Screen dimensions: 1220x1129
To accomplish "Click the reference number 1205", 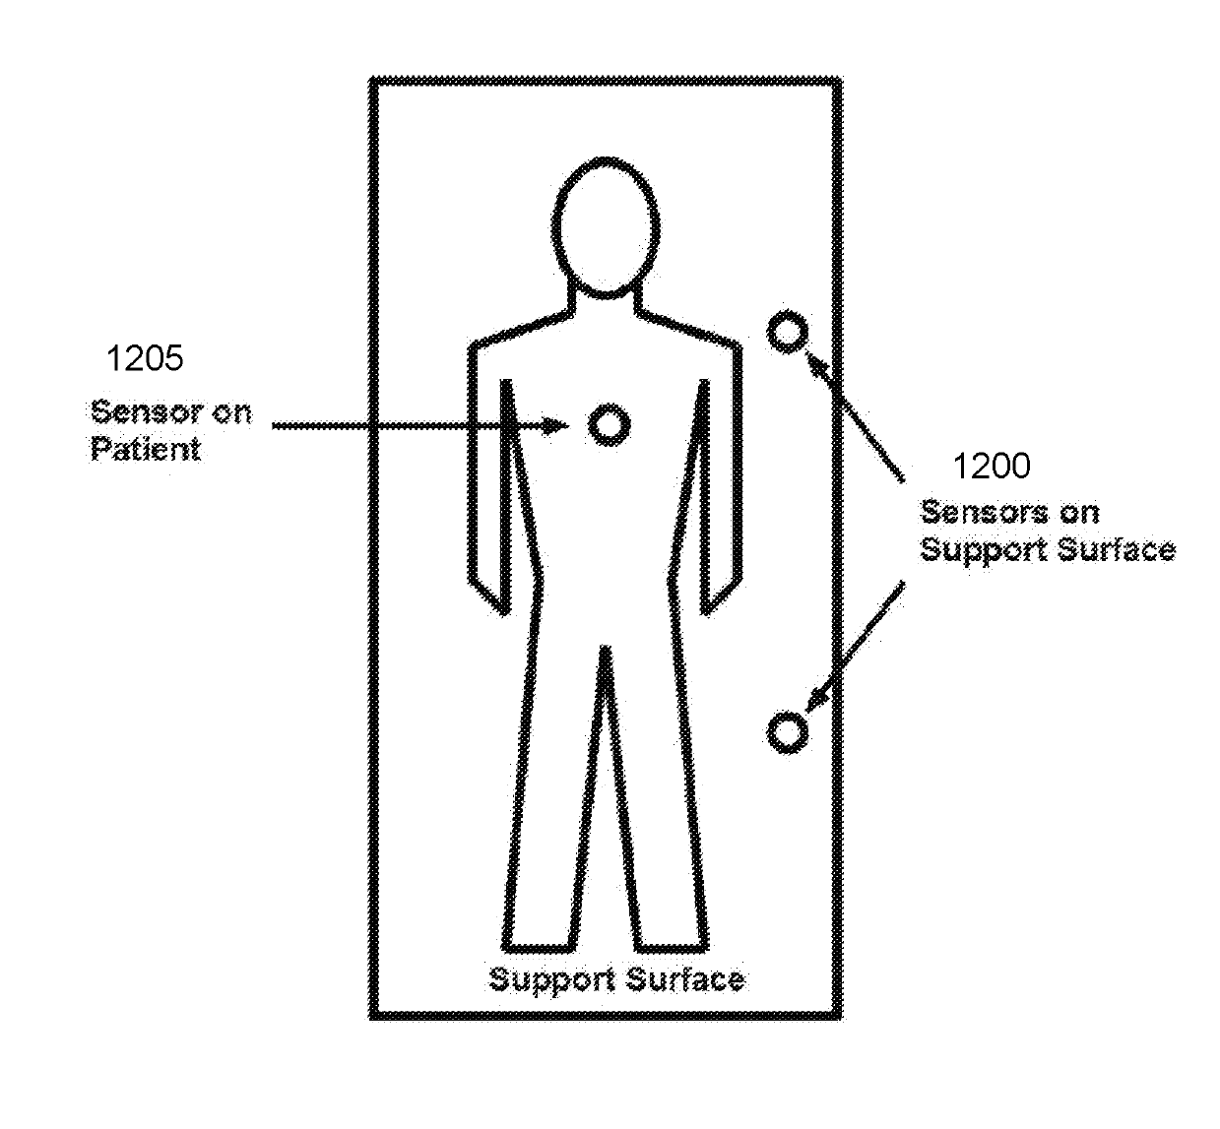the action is pyautogui.click(x=144, y=358).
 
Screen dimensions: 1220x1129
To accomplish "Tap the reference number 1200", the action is pyautogui.click(x=992, y=466).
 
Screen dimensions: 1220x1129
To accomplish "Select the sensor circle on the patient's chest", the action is pyautogui.click(x=608, y=424).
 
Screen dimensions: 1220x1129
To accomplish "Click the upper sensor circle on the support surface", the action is pyautogui.click(x=787, y=332).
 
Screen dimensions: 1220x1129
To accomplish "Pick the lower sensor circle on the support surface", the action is pyautogui.click(x=787, y=732).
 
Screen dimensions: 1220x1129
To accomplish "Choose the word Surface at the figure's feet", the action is pyautogui.click(x=685, y=979).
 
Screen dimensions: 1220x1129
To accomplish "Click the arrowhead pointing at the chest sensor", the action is pyautogui.click(x=556, y=425).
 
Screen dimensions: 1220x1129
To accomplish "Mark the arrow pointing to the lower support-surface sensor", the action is pyautogui.click(x=855, y=644).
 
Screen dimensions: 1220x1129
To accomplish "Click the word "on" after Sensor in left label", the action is pyautogui.click(x=231, y=411).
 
